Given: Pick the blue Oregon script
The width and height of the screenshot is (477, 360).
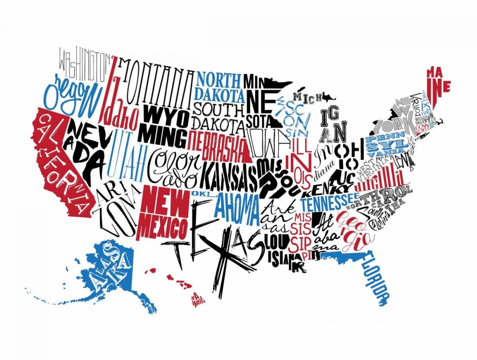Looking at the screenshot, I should click(76, 93).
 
